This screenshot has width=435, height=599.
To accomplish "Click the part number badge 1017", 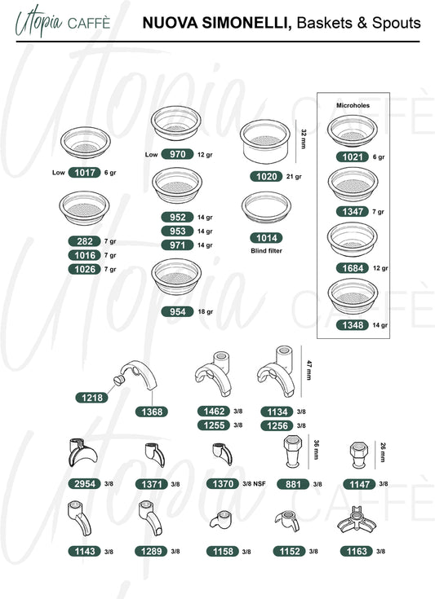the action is click(84, 173).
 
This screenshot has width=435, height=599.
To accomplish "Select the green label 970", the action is click(177, 154).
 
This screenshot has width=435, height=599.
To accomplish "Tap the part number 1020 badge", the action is click(266, 177).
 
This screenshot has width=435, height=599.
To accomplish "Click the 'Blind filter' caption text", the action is click(266, 251).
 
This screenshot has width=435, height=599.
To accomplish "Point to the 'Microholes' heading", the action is click(353, 105).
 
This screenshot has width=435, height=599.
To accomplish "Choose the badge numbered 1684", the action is click(353, 268).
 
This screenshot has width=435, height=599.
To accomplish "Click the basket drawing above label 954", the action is click(176, 276).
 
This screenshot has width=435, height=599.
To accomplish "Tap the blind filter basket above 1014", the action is click(266, 207).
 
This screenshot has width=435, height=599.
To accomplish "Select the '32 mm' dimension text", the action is click(304, 139).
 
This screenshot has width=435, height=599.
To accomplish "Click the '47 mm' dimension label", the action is click(309, 370).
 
